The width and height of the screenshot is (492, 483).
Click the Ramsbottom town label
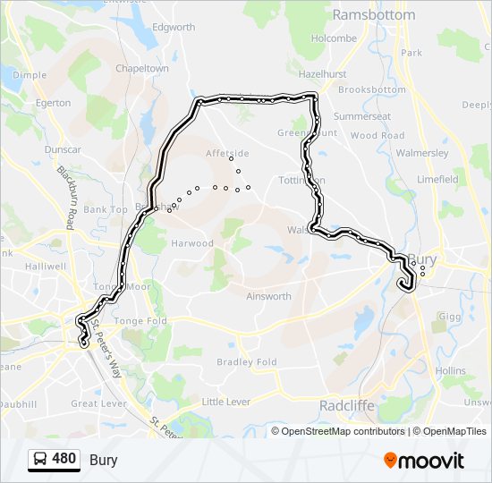click(x=373, y=15)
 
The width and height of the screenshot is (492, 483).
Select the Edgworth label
click(x=174, y=28)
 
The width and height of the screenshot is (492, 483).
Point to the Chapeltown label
click(x=142, y=68)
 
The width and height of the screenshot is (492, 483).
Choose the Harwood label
click(x=193, y=243)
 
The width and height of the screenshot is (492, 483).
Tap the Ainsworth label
click(x=268, y=296)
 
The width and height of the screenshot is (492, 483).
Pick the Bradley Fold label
click(x=247, y=362)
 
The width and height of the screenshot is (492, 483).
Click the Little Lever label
click(x=225, y=402)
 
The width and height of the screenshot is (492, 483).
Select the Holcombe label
click(x=334, y=38)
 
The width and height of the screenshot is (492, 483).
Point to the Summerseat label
click(x=361, y=116)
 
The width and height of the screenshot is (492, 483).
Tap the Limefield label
click(x=437, y=179)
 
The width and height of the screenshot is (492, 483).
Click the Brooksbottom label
click(x=372, y=89)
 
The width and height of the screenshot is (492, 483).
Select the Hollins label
click(x=450, y=369)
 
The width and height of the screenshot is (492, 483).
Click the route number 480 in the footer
click(x=64, y=459)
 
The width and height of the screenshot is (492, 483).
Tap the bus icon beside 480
click(x=40, y=460)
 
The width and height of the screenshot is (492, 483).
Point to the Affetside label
click(x=227, y=153)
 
